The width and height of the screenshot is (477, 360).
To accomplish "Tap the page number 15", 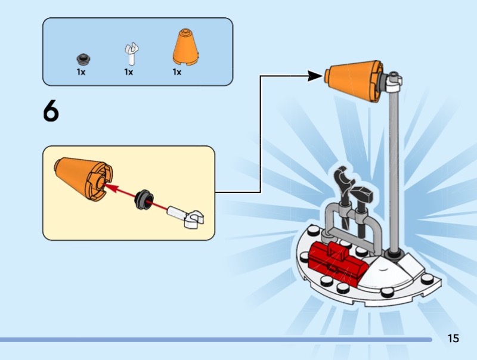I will click(453, 339).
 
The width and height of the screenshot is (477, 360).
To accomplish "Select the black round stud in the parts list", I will click(82, 58).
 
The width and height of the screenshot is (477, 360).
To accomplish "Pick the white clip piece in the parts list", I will click(130, 54).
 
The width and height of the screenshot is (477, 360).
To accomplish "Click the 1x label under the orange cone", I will click(177, 72).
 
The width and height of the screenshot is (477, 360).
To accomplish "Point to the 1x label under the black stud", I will click(81, 72).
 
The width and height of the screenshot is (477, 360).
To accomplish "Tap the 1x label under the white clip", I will click(128, 72).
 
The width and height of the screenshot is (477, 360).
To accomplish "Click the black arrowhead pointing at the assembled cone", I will click(315, 76).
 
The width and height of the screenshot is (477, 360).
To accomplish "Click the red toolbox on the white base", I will click(337, 263).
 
